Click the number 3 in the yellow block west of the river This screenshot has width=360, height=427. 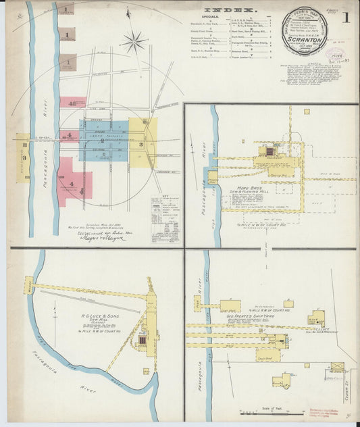[x=24, y=158]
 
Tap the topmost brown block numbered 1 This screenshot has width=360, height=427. [x=67, y=9]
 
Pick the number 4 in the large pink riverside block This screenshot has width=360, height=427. [x=70, y=179]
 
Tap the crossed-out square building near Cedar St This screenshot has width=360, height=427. [x=336, y=367]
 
